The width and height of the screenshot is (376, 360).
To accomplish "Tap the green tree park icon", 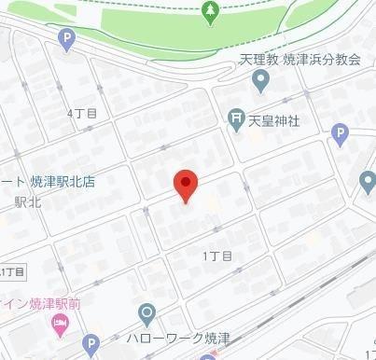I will point(209,12).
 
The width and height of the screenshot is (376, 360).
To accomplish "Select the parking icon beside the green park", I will point(65,39).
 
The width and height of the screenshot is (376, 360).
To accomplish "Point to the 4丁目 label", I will point(82,112).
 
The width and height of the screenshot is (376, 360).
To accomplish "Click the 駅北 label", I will point(24,201).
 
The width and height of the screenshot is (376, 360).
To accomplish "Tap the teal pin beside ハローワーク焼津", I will point(146,313).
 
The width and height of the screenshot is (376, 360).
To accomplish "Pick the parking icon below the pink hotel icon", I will point(91,345).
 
